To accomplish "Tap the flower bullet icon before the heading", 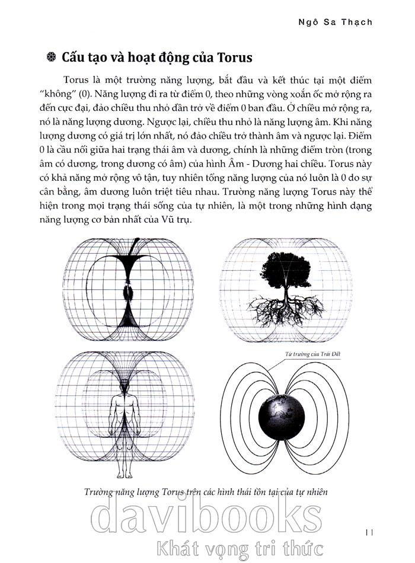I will point(50,58).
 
